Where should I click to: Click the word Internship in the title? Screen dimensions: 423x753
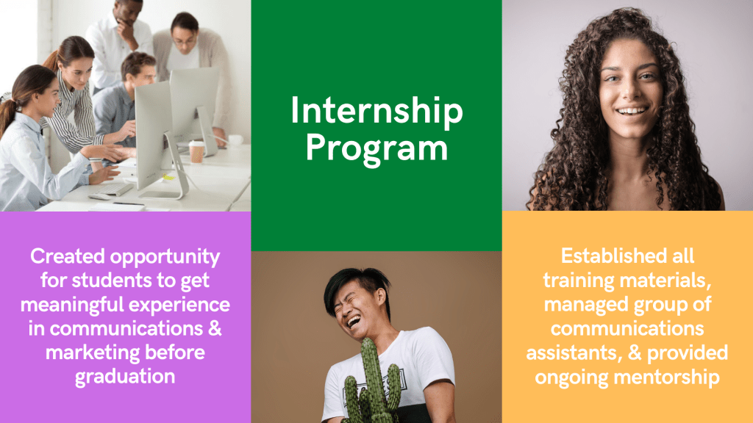click(x=376, y=112)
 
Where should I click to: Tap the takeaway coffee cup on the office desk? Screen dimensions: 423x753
click(x=196, y=151)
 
